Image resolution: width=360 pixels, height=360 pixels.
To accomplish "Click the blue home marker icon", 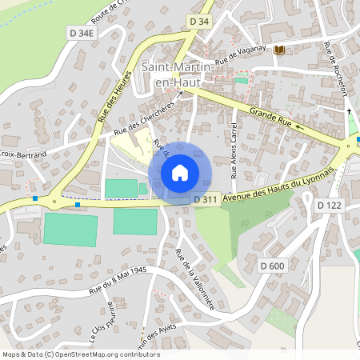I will click(180, 172).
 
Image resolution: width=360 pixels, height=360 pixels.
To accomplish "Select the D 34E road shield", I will click(81, 33).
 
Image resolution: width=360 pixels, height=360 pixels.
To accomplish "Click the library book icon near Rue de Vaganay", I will click(278, 50).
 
